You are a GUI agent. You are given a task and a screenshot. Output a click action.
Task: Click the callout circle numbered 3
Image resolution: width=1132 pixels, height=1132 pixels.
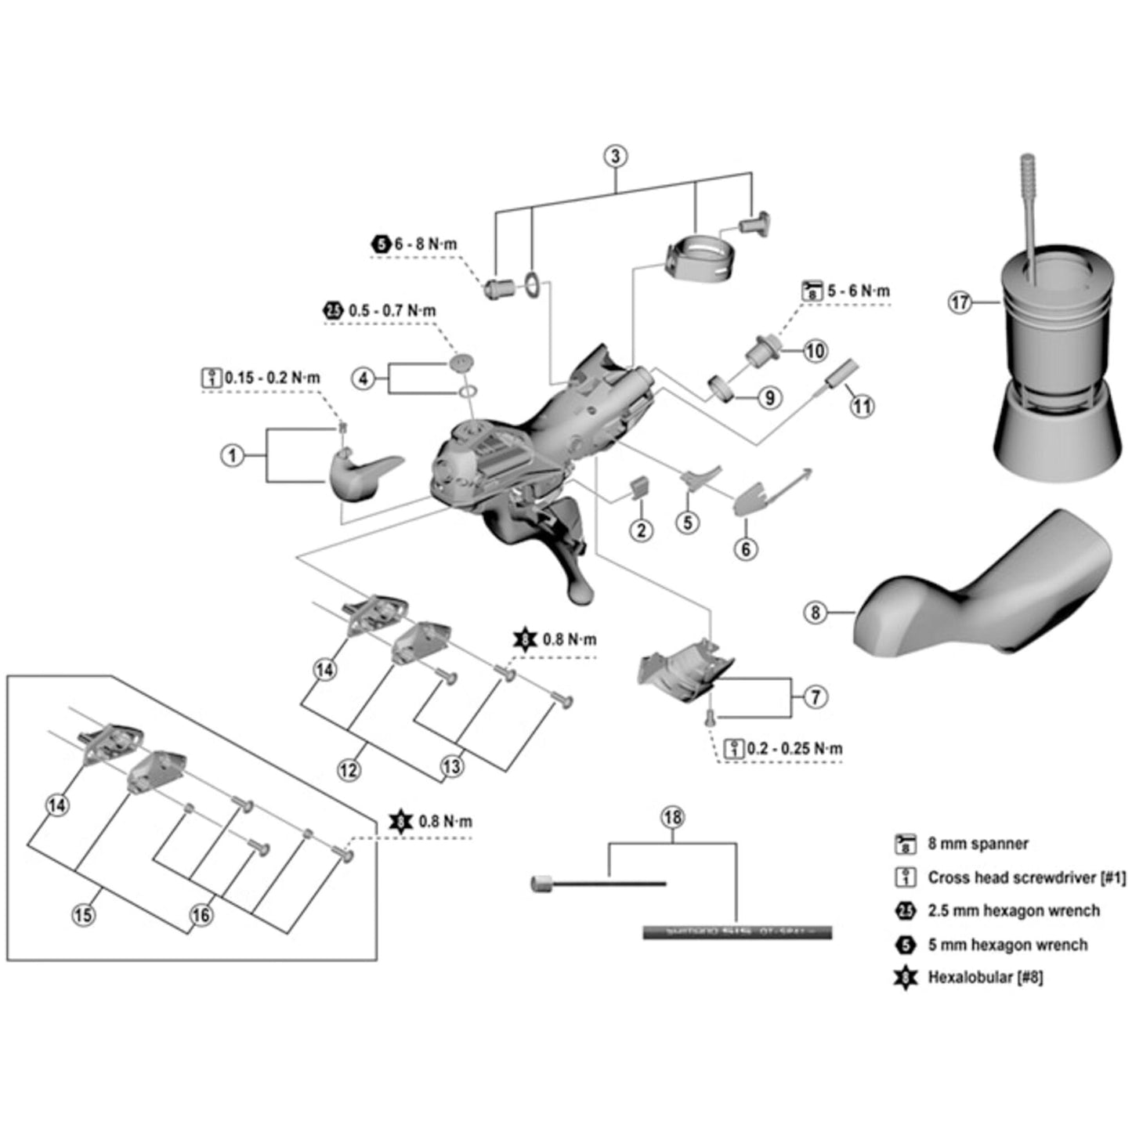coord(615,156)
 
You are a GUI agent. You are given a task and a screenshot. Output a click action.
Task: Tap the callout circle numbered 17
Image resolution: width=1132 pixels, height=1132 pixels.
coord(960,302)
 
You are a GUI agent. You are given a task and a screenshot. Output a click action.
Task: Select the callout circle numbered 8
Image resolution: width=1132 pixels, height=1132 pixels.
coord(816,612)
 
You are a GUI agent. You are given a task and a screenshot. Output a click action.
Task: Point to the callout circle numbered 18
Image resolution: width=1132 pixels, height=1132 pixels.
coord(672,818)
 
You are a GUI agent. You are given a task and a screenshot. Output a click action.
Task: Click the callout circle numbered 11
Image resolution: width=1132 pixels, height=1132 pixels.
coord(862,406)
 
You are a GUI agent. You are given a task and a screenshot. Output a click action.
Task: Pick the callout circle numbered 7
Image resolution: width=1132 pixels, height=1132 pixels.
coord(816,696)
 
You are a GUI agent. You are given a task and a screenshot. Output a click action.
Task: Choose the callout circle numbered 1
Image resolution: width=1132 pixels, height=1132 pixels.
coord(232,455)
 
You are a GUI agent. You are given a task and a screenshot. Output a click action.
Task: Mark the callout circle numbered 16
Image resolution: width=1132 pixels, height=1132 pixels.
coord(201,914)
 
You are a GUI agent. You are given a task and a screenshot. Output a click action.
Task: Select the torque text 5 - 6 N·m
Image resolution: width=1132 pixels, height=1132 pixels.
coord(859,291)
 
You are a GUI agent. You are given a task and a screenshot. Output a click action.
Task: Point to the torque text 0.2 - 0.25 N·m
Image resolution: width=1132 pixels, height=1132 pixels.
coord(794,749)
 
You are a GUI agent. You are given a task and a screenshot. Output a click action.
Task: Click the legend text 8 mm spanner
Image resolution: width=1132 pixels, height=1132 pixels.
coord(978,844)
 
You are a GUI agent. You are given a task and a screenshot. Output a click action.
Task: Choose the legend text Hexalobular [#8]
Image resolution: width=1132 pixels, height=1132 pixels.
coord(985,977)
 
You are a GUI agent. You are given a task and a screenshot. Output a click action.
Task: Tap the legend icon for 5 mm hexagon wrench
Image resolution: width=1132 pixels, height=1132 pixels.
coord(906,945)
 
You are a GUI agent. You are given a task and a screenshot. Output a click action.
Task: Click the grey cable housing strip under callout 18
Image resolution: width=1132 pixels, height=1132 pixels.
coord(736,932)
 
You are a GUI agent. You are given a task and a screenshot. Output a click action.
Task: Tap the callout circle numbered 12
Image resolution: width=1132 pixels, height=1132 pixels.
coord(349,770)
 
